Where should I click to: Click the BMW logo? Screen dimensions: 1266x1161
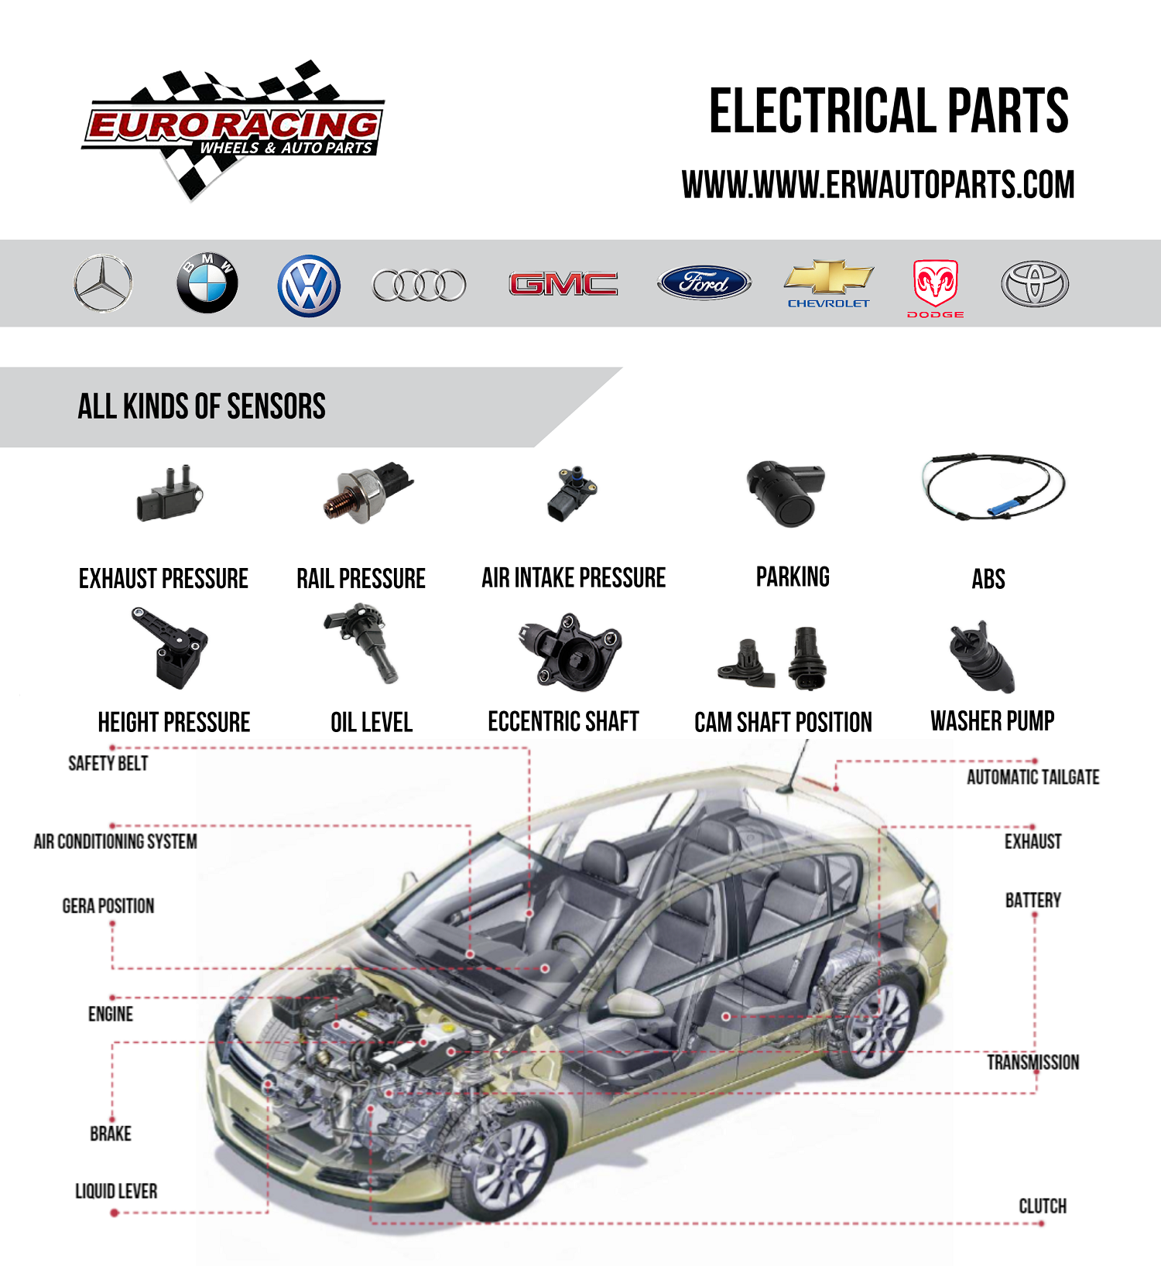(x=207, y=283)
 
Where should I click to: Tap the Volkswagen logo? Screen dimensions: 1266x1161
(x=309, y=286)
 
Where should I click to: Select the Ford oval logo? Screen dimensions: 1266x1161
(x=704, y=283)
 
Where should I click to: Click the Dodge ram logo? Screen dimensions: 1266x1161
(x=935, y=284)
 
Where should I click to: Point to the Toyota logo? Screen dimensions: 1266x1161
(x=1035, y=284)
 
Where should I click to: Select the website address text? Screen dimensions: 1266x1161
(x=878, y=185)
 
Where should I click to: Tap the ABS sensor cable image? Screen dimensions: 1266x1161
(x=994, y=488)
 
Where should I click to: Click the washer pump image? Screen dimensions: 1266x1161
(x=981, y=657)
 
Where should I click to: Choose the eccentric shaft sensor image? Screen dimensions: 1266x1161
(x=570, y=652)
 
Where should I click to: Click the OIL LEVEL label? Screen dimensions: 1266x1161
(x=372, y=723)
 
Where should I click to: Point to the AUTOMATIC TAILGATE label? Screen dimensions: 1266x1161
(x=1033, y=777)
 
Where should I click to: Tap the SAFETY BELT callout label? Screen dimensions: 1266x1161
(x=108, y=764)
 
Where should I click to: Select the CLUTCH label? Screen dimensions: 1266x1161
(x=1042, y=1206)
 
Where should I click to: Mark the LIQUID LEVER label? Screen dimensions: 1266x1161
(x=116, y=1191)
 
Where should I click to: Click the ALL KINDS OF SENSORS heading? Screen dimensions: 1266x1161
(x=201, y=407)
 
